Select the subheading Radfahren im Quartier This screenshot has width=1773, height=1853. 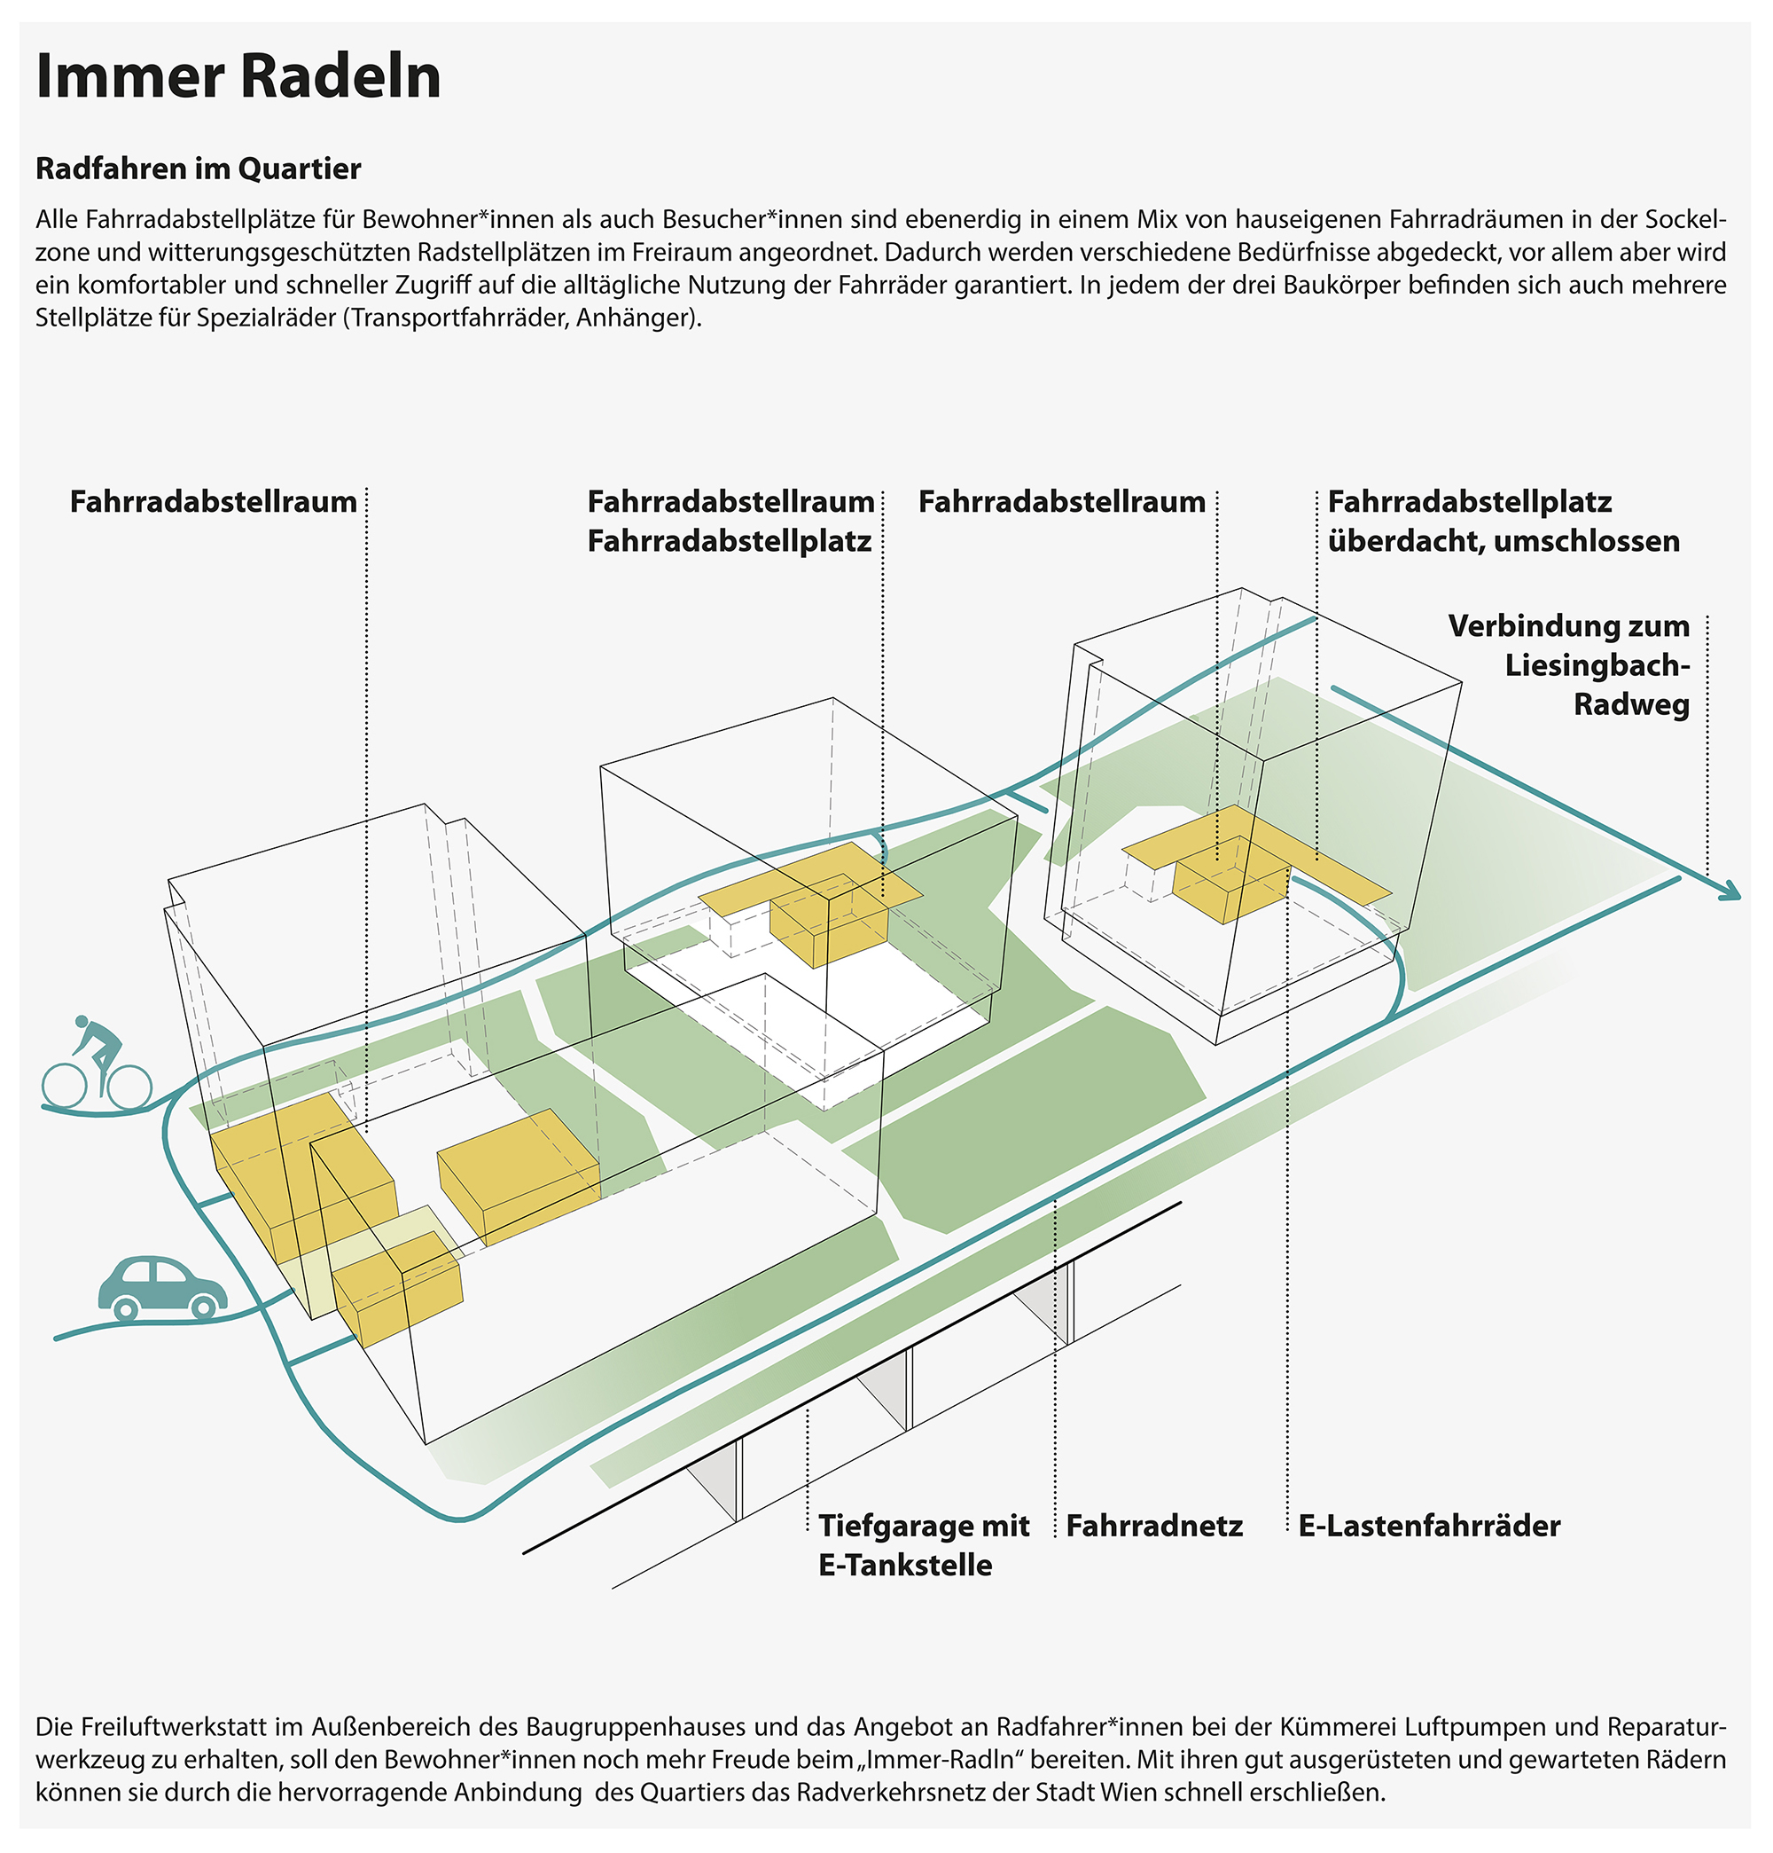click(x=199, y=169)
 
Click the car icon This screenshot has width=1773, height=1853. click(x=162, y=1288)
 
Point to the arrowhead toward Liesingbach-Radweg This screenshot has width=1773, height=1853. click(x=1730, y=891)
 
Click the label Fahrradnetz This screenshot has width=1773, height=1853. click(x=1154, y=1526)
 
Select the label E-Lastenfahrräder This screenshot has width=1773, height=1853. click(x=1429, y=1526)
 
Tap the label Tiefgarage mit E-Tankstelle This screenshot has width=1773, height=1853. click(x=923, y=1545)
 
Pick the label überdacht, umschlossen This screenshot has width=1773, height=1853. click(x=1504, y=541)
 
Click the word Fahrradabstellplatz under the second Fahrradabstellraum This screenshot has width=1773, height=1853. click(x=729, y=541)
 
